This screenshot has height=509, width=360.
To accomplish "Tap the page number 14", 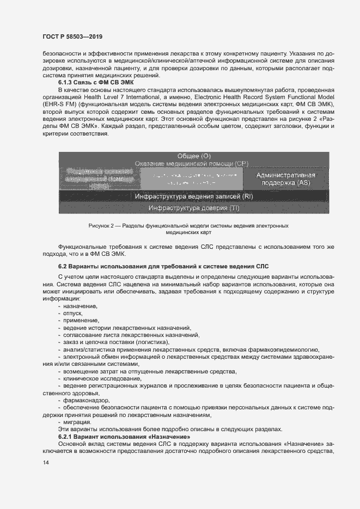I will click(45, 462).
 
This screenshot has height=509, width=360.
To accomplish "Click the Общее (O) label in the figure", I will click(194, 156).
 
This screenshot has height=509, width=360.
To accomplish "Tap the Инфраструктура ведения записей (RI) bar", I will click(194, 195).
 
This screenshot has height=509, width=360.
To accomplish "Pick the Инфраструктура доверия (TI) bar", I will click(194, 207).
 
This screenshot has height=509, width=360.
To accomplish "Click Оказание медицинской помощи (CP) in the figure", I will click(194, 163).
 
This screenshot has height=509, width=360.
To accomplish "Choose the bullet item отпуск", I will click(72, 314).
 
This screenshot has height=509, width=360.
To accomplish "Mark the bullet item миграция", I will click(77, 422).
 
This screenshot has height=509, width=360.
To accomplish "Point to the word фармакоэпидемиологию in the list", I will click(286, 349).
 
